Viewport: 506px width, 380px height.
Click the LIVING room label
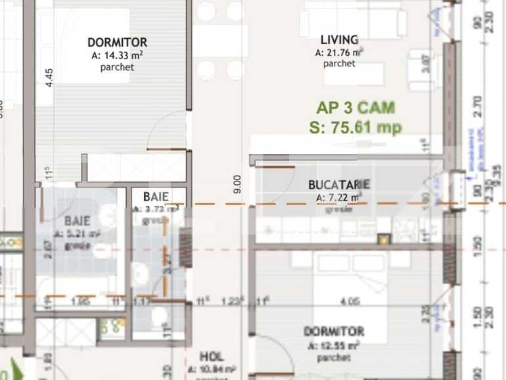coord(339,40)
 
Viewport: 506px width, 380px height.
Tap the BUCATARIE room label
coord(339,185)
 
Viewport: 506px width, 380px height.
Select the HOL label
coord(211,356)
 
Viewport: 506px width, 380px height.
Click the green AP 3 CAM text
coord(356,107)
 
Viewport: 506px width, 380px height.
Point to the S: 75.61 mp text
coord(356,128)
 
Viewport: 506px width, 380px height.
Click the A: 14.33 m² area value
coord(118,55)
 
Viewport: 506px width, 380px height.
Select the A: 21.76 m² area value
coord(339,53)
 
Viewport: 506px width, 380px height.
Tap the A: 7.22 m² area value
coord(339,197)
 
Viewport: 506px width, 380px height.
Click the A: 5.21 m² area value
coord(82,234)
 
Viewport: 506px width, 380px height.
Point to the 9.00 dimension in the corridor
coord(237,183)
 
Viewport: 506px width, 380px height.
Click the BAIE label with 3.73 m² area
coord(156,197)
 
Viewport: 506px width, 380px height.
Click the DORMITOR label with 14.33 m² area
coord(118,43)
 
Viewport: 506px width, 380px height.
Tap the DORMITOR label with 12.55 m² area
coord(334,332)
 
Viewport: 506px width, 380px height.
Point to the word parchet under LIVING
coord(339,64)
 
